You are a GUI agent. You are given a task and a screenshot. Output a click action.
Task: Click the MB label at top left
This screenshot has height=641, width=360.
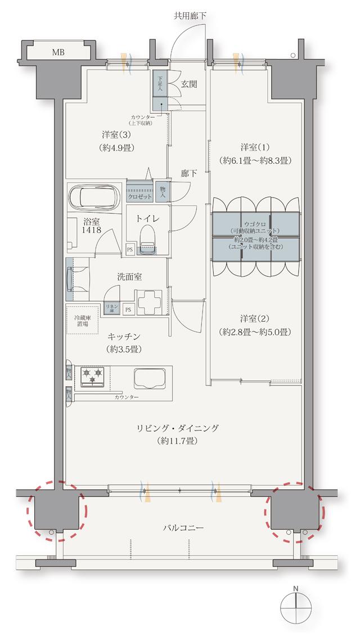click(58, 52)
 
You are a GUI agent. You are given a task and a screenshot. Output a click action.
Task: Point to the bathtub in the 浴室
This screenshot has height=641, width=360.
click(93, 198)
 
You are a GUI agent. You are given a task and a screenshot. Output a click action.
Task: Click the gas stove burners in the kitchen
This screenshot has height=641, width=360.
click(92, 376)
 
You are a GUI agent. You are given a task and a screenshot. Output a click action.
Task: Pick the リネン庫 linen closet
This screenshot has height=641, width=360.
click(110, 307)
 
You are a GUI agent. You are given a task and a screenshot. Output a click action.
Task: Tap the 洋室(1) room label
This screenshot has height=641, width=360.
click(254, 154)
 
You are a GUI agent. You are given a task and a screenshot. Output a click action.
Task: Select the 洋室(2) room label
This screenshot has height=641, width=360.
click(254, 326)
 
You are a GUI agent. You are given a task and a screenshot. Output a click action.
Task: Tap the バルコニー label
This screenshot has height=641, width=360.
click(183, 528)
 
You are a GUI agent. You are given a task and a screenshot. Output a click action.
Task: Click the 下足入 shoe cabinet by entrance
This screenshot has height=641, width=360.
click(160, 84)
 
